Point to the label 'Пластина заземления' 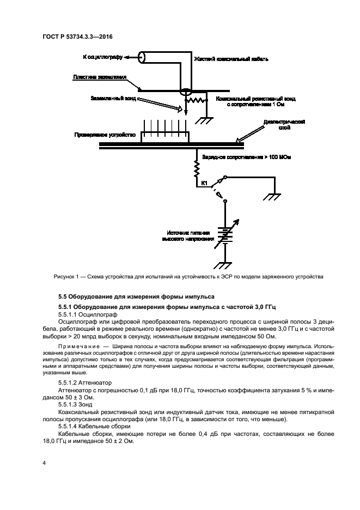99,77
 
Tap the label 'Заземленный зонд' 113,99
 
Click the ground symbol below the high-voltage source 223,265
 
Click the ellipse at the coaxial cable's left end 143,56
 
